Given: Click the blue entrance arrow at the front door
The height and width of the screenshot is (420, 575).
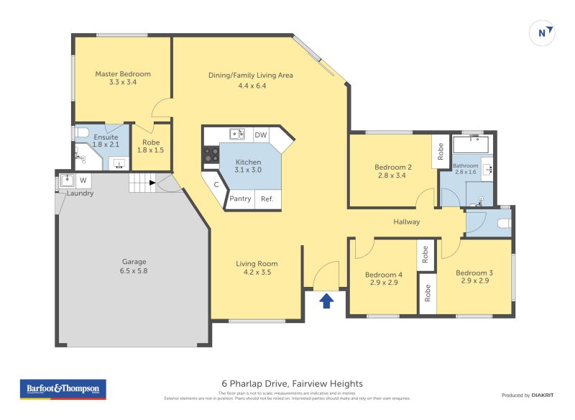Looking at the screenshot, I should (x=326, y=300).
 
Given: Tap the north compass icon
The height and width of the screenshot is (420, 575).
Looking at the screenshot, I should (x=543, y=32).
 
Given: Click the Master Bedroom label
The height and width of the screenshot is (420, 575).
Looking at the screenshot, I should (x=123, y=74).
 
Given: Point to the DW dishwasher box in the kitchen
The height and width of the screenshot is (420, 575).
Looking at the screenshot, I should (x=261, y=134).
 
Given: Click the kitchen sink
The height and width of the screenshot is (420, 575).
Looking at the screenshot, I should (x=236, y=134).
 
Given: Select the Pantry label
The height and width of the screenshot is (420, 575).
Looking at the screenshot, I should (x=240, y=199).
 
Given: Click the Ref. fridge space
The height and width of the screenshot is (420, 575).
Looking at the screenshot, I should (x=267, y=199).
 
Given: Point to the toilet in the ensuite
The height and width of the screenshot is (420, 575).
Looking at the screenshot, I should (x=80, y=133).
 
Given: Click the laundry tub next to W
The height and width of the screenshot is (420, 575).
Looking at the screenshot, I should (x=68, y=180).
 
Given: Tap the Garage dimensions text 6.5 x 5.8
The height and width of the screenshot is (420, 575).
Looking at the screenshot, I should (x=134, y=271).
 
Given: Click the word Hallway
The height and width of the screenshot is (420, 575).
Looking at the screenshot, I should (x=406, y=222).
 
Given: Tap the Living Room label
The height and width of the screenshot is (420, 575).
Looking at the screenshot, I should (x=257, y=263).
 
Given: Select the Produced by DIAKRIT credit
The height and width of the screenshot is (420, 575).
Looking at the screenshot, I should (x=530, y=395).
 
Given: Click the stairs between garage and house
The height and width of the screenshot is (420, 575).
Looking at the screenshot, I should (x=142, y=183).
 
